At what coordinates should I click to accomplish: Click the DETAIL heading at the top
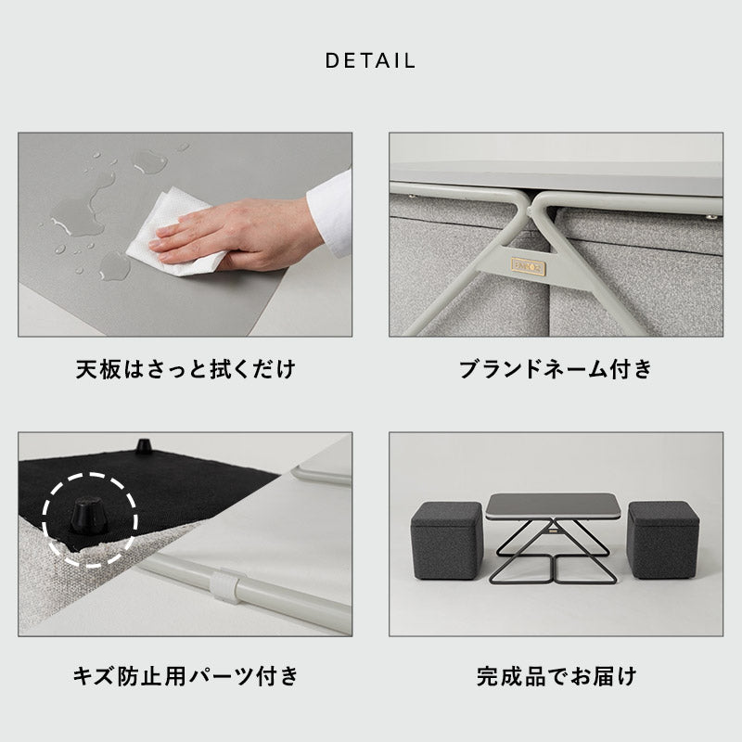(x=370, y=61)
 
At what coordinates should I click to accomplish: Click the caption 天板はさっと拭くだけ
(x=185, y=370)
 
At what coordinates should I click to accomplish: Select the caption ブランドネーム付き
(x=556, y=370)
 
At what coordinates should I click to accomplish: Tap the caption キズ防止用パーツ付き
(x=185, y=675)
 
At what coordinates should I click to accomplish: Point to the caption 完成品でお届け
(x=556, y=675)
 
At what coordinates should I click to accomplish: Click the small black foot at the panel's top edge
(x=144, y=445)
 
